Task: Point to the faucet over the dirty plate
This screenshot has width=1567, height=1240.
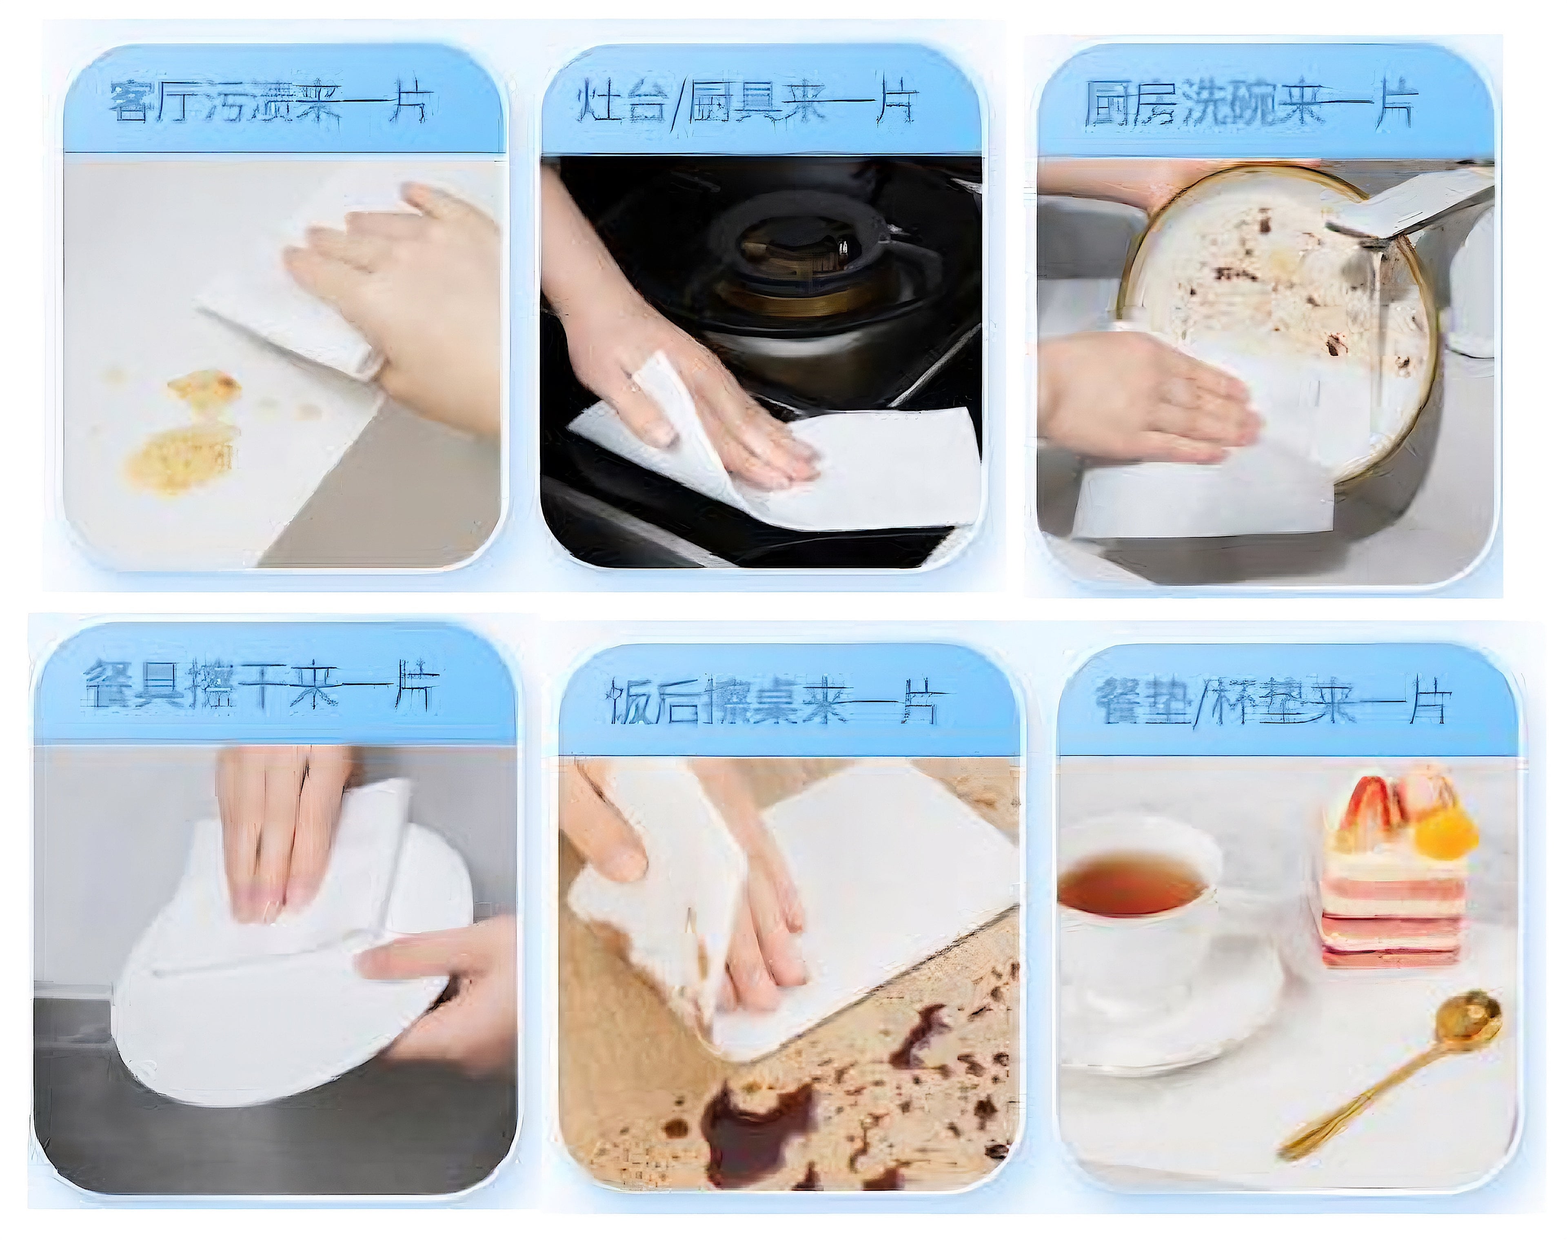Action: (x=1401, y=211)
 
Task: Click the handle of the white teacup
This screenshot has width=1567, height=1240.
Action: (x=1227, y=915)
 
